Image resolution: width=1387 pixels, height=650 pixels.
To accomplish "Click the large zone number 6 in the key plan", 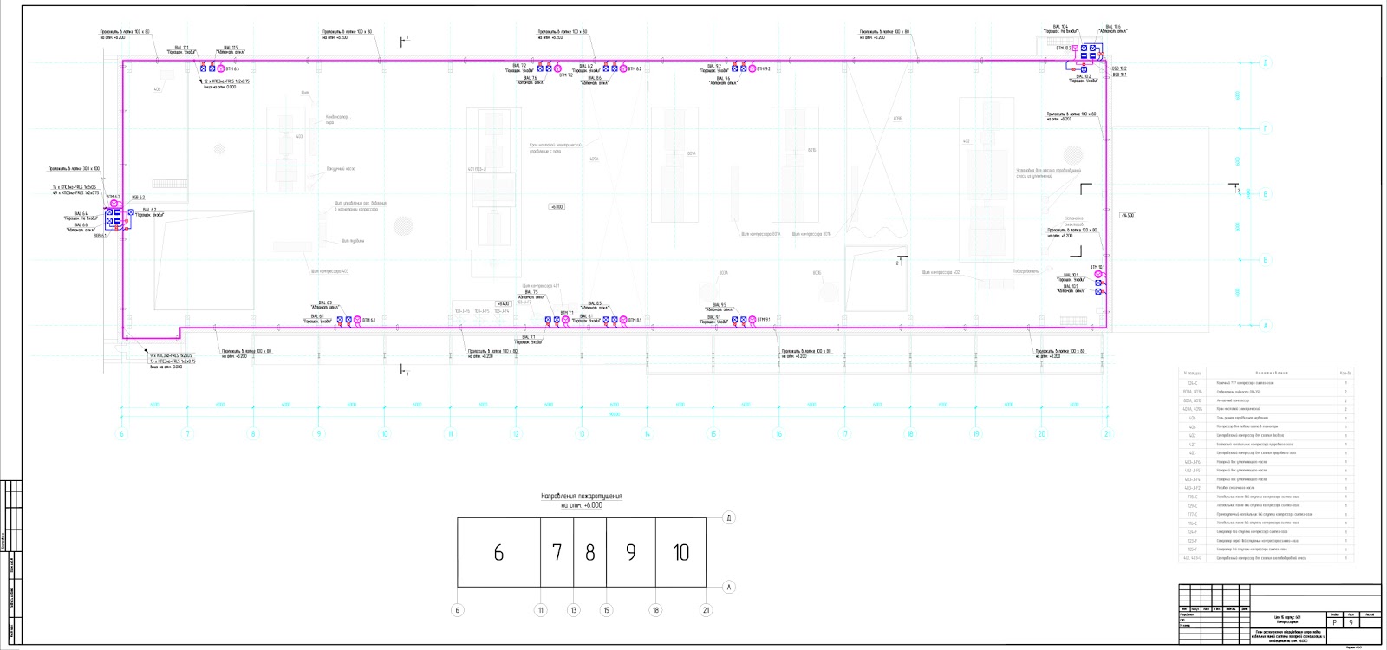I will pyautogui.click(x=498, y=553).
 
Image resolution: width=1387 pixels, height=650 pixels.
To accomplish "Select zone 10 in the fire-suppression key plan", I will pyautogui.click(x=680, y=553).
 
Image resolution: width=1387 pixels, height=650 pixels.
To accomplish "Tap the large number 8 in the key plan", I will pyautogui.click(x=590, y=553).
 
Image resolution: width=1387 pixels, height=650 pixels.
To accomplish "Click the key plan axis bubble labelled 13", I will pyautogui.click(x=573, y=610).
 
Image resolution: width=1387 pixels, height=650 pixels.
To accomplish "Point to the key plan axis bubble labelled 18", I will pyautogui.click(x=655, y=610).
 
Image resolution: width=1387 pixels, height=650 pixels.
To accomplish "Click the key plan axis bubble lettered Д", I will pyautogui.click(x=729, y=517).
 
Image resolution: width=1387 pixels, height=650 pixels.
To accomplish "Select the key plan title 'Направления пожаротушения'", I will pyautogui.click(x=582, y=497).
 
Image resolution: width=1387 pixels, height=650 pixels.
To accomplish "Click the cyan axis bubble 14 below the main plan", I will pyautogui.click(x=647, y=433).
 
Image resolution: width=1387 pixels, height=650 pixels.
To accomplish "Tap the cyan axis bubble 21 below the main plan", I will pyautogui.click(x=1107, y=433).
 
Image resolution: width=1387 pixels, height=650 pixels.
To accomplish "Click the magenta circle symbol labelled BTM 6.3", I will pyautogui.click(x=221, y=68).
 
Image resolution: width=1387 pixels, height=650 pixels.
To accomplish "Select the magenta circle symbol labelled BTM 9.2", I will pyautogui.click(x=752, y=68).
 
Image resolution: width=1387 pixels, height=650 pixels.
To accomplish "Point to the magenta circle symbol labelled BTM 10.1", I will pyautogui.click(x=1098, y=274).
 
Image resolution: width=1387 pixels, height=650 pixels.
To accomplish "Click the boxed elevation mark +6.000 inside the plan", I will pyautogui.click(x=557, y=207).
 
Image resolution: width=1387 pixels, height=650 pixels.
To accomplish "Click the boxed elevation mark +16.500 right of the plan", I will pyautogui.click(x=1127, y=215).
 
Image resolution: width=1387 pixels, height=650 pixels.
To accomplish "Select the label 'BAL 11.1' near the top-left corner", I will pyautogui.click(x=181, y=48).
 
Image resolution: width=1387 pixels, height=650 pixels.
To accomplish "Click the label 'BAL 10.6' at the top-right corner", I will pyautogui.click(x=1113, y=27).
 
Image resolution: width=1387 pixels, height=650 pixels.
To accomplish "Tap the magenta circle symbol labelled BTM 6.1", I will pyautogui.click(x=357, y=320).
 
